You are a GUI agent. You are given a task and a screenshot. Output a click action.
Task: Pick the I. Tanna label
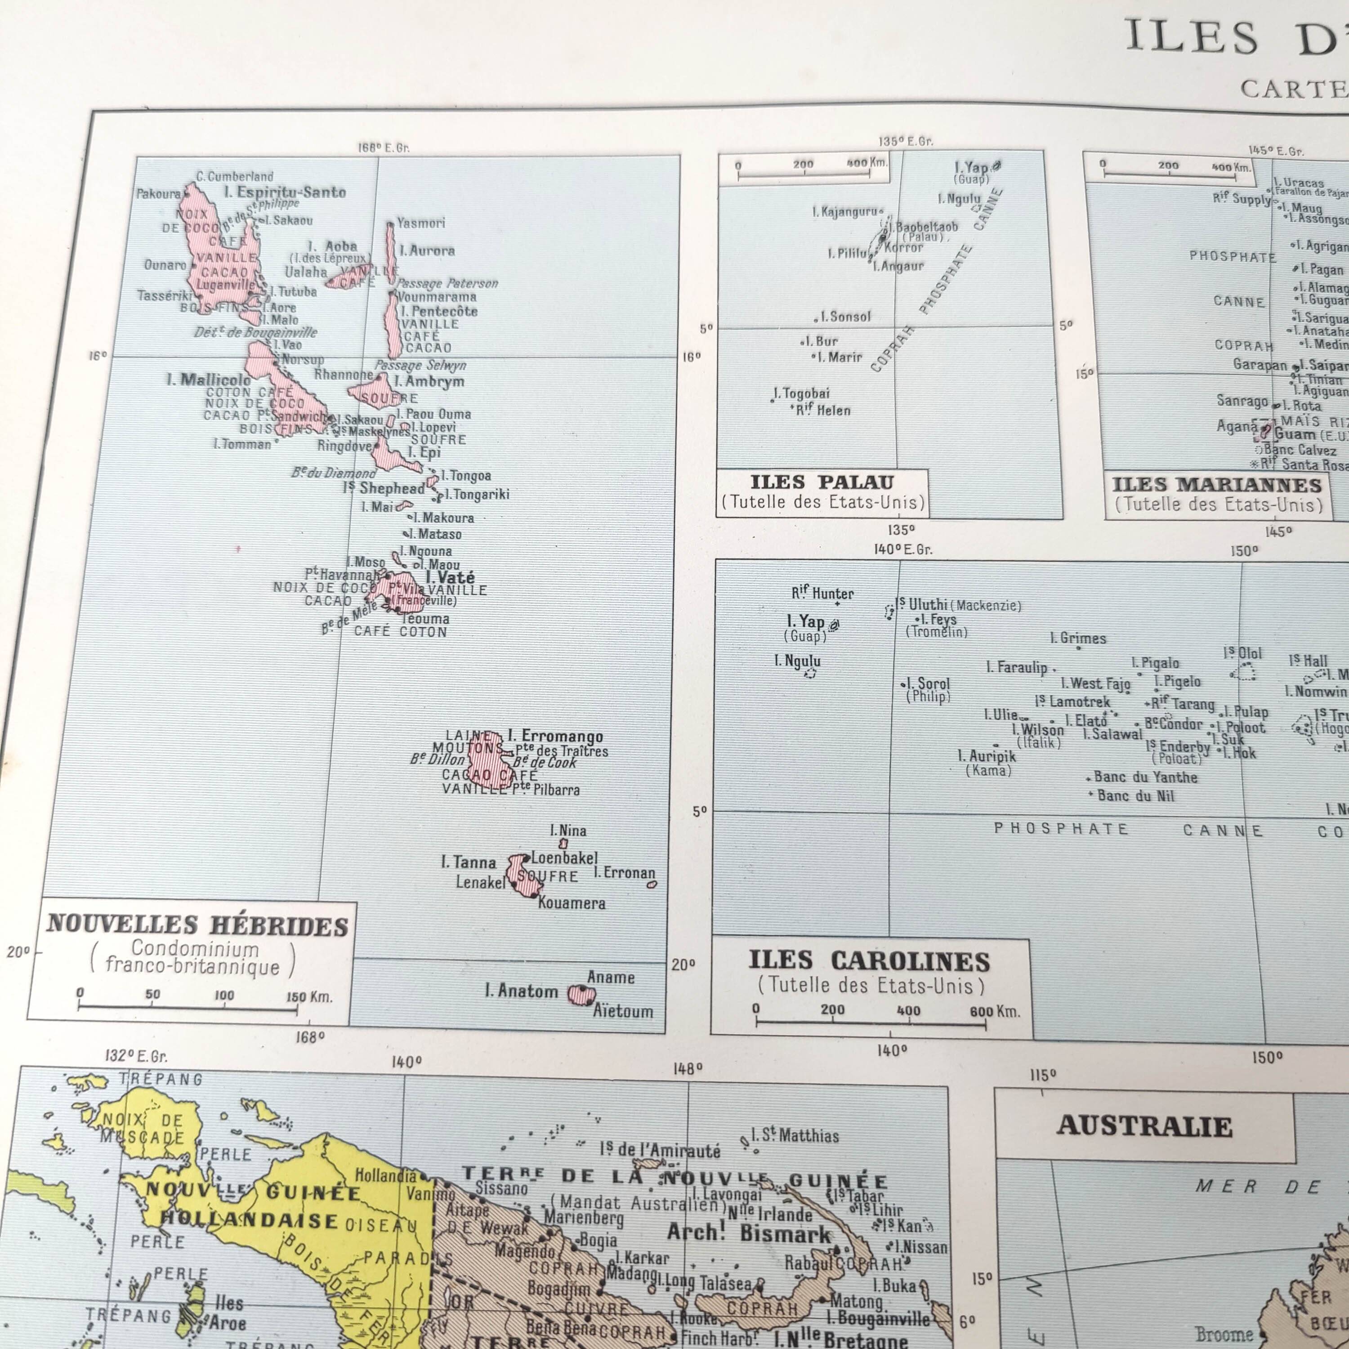click(x=469, y=863)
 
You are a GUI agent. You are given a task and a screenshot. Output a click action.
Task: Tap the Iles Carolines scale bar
click(x=870, y=1023)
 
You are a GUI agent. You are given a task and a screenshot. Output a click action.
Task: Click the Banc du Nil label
click(x=1135, y=795)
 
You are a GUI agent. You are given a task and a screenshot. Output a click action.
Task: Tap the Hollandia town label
click(x=385, y=1175)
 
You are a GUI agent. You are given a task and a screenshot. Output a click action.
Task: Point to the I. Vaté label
click(x=451, y=577)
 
